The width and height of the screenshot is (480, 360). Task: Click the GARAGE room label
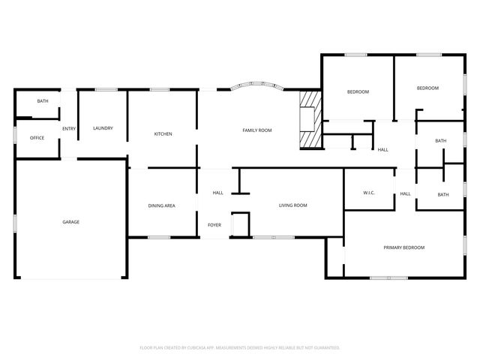(x=71, y=222)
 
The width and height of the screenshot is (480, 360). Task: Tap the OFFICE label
(x=37, y=138)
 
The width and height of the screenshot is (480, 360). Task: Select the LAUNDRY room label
(x=103, y=128)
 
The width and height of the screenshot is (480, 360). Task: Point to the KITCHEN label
(x=163, y=133)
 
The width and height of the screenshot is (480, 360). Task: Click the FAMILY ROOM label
(x=256, y=130)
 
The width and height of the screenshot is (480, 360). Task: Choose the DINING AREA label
(x=161, y=205)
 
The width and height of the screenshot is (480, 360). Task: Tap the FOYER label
(x=215, y=224)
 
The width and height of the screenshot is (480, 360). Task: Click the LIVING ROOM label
(x=293, y=205)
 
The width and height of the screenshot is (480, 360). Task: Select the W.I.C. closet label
(x=369, y=193)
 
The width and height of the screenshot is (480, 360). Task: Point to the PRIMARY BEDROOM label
(x=403, y=247)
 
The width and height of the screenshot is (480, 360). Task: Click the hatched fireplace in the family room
(x=309, y=119)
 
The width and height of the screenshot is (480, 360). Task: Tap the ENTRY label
(x=68, y=128)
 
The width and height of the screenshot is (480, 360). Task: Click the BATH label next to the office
(x=43, y=101)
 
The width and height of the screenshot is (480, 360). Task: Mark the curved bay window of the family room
(x=256, y=87)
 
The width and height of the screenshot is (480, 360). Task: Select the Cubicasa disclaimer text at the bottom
(x=240, y=347)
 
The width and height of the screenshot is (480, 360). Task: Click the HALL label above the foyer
(x=217, y=193)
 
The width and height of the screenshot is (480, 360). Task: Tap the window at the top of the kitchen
(x=159, y=90)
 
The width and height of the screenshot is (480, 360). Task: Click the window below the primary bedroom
(x=390, y=278)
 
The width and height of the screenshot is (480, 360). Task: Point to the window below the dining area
(x=159, y=238)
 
